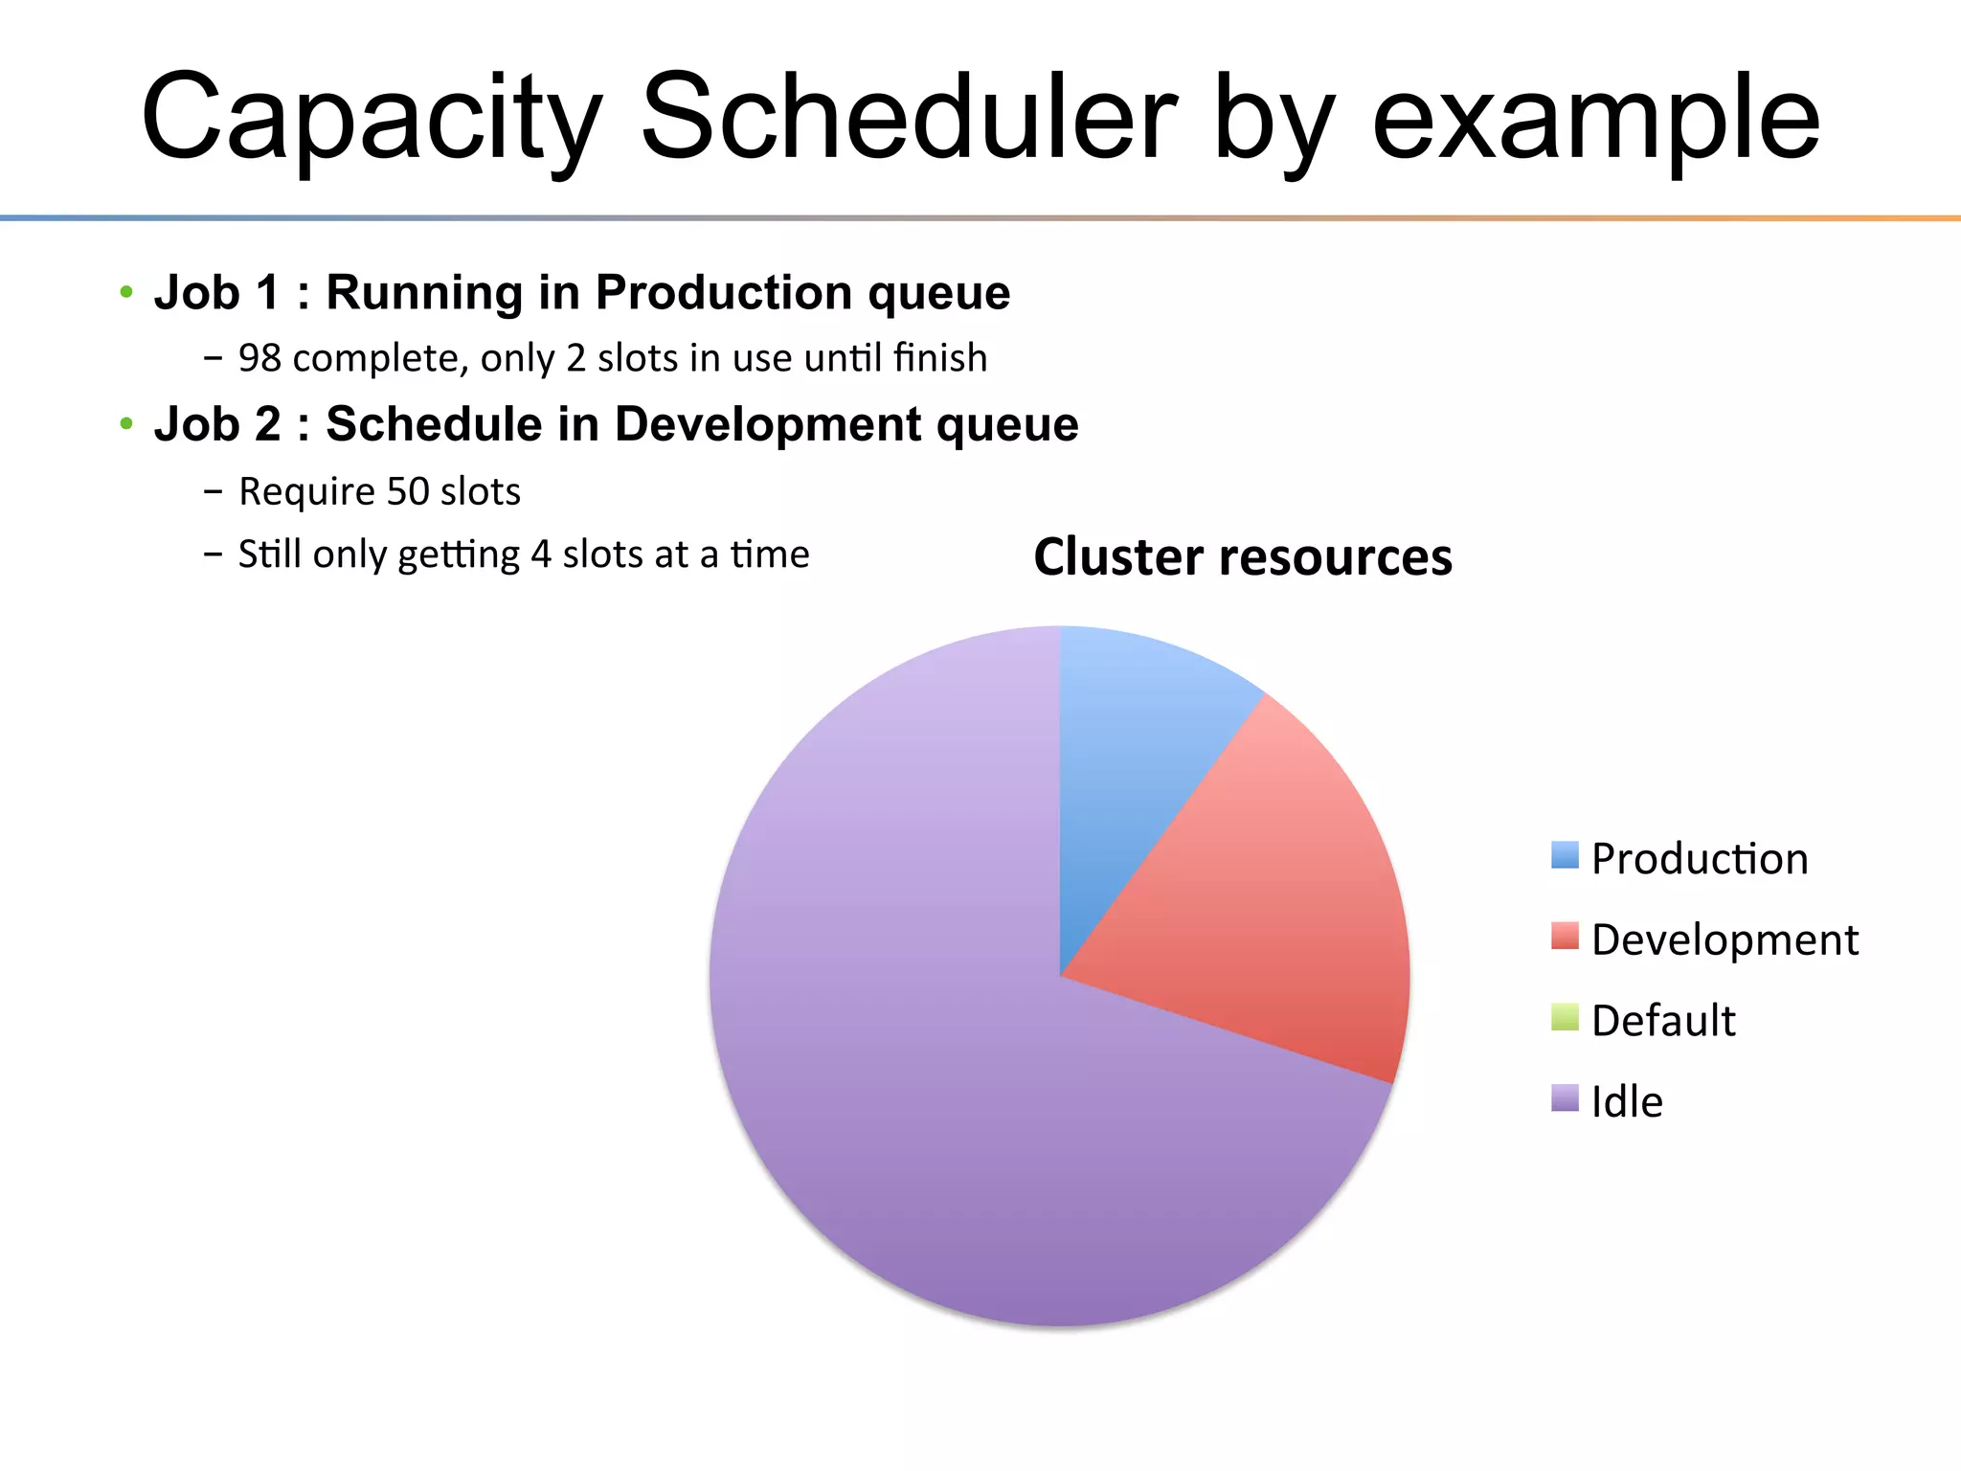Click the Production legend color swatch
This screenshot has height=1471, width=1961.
pyautogui.click(x=1565, y=855)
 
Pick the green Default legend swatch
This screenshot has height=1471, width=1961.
pyautogui.click(x=1565, y=1017)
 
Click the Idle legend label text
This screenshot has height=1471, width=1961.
pyautogui.click(x=1627, y=1101)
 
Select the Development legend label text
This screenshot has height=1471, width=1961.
pyautogui.click(x=1724, y=939)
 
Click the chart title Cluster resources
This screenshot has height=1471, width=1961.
pyautogui.click(x=1243, y=557)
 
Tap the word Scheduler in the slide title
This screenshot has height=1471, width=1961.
pyautogui.click(x=908, y=117)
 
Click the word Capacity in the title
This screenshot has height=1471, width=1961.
pyautogui.click(x=372, y=117)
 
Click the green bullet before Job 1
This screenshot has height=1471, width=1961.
pyautogui.click(x=126, y=291)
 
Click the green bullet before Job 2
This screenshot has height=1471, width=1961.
pyautogui.click(x=126, y=423)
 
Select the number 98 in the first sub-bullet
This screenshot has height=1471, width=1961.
pyautogui.click(x=259, y=358)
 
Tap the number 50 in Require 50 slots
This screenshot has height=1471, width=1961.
pyautogui.click(x=408, y=491)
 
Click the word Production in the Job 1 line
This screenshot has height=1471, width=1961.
pyautogui.click(x=723, y=292)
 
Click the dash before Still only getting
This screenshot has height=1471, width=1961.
pyautogui.click(x=213, y=554)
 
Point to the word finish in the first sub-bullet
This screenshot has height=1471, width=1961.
pyautogui.click(x=939, y=358)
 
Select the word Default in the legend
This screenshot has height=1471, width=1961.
pyautogui.click(x=1663, y=1021)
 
